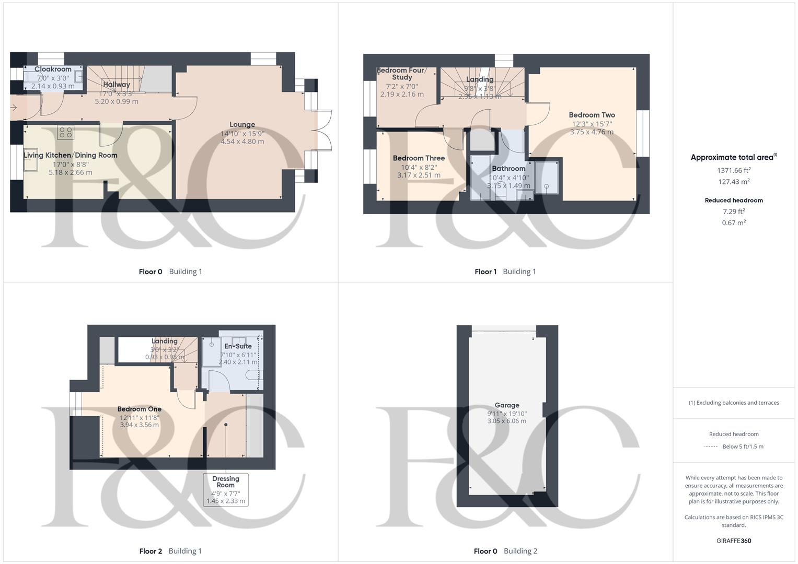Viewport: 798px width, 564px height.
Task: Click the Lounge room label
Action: pyautogui.click(x=242, y=124)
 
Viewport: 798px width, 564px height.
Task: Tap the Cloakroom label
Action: pyautogui.click(x=53, y=69)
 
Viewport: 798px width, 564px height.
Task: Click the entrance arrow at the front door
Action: pyautogui.click(x=14, y=108)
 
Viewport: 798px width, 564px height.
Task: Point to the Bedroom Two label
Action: pyautogui.click(x=592, y=115)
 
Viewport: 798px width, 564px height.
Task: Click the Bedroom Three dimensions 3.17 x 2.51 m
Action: pyautogui.click(x=419, y=175)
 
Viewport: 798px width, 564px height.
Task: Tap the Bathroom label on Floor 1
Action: pyautogui.click(x=508, y=169)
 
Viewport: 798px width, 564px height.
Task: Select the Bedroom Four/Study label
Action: pyautogui.click(x=402, y=74)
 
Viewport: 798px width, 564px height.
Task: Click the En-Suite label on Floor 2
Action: pyautogui.click(x=238, y=346)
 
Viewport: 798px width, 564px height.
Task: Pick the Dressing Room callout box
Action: pyautogui.click(x=226, y=489)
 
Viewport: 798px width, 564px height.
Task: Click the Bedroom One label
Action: pyautogui.click(x=139, y=409)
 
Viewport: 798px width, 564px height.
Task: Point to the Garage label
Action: pyautogui.click(x=506, y=405)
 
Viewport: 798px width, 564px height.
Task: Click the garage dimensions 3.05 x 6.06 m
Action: pyautogui.click(x=506, y=421)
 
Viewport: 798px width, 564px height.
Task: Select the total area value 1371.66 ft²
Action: pyautogui.click(x=734, y=170)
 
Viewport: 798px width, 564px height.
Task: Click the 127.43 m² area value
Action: pyautogui.click(x=734, y=182)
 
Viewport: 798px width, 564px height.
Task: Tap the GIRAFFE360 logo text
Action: pyautogui.click(x=734, y=540)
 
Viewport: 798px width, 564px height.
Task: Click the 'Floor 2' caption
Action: pyautogui.click(x=151, y=551)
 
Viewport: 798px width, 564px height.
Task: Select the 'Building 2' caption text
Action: pyautogui.click(x=520, y=551)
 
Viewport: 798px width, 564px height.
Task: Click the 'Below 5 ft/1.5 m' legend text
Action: pyautogui.click(x=743, y=446)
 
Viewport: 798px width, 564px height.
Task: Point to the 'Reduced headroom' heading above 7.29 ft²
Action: pyautogui.click(x=734, y=200)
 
